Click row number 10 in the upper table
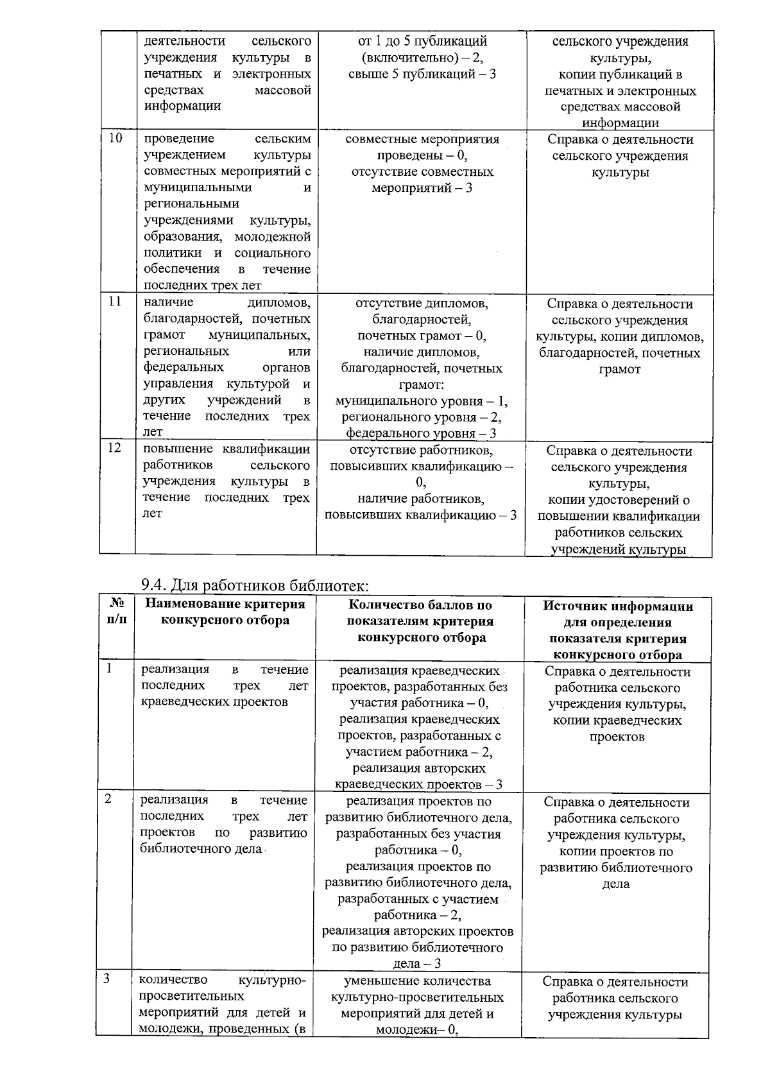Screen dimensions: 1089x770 116,138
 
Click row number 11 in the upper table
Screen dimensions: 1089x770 116,302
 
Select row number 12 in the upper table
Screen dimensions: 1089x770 115,448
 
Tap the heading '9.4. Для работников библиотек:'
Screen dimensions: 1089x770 255,585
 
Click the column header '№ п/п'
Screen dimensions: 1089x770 116,612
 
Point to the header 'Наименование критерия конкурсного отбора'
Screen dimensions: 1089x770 225,612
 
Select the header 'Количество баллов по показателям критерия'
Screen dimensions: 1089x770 420,621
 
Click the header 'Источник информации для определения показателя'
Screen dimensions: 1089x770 618,630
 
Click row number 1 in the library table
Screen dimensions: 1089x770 110,669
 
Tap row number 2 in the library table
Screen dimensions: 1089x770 109,799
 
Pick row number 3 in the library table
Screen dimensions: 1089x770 108,979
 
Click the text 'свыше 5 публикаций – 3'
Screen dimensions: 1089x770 422,74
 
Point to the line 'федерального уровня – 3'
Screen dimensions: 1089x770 421,433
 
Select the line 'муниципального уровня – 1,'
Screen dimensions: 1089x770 421,401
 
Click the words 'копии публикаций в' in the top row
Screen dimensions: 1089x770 620,74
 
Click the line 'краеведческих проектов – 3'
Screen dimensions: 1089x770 418,784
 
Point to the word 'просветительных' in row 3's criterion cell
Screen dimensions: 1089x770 191,996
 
